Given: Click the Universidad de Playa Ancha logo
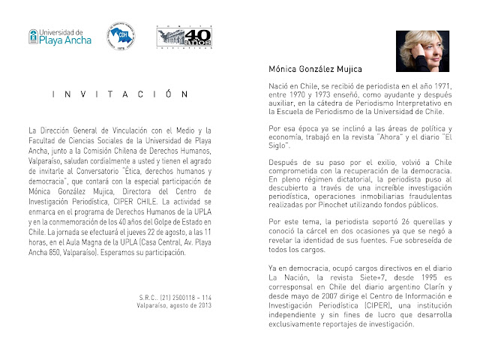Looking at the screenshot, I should (59, 37).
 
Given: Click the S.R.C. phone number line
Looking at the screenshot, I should (170, 298).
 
